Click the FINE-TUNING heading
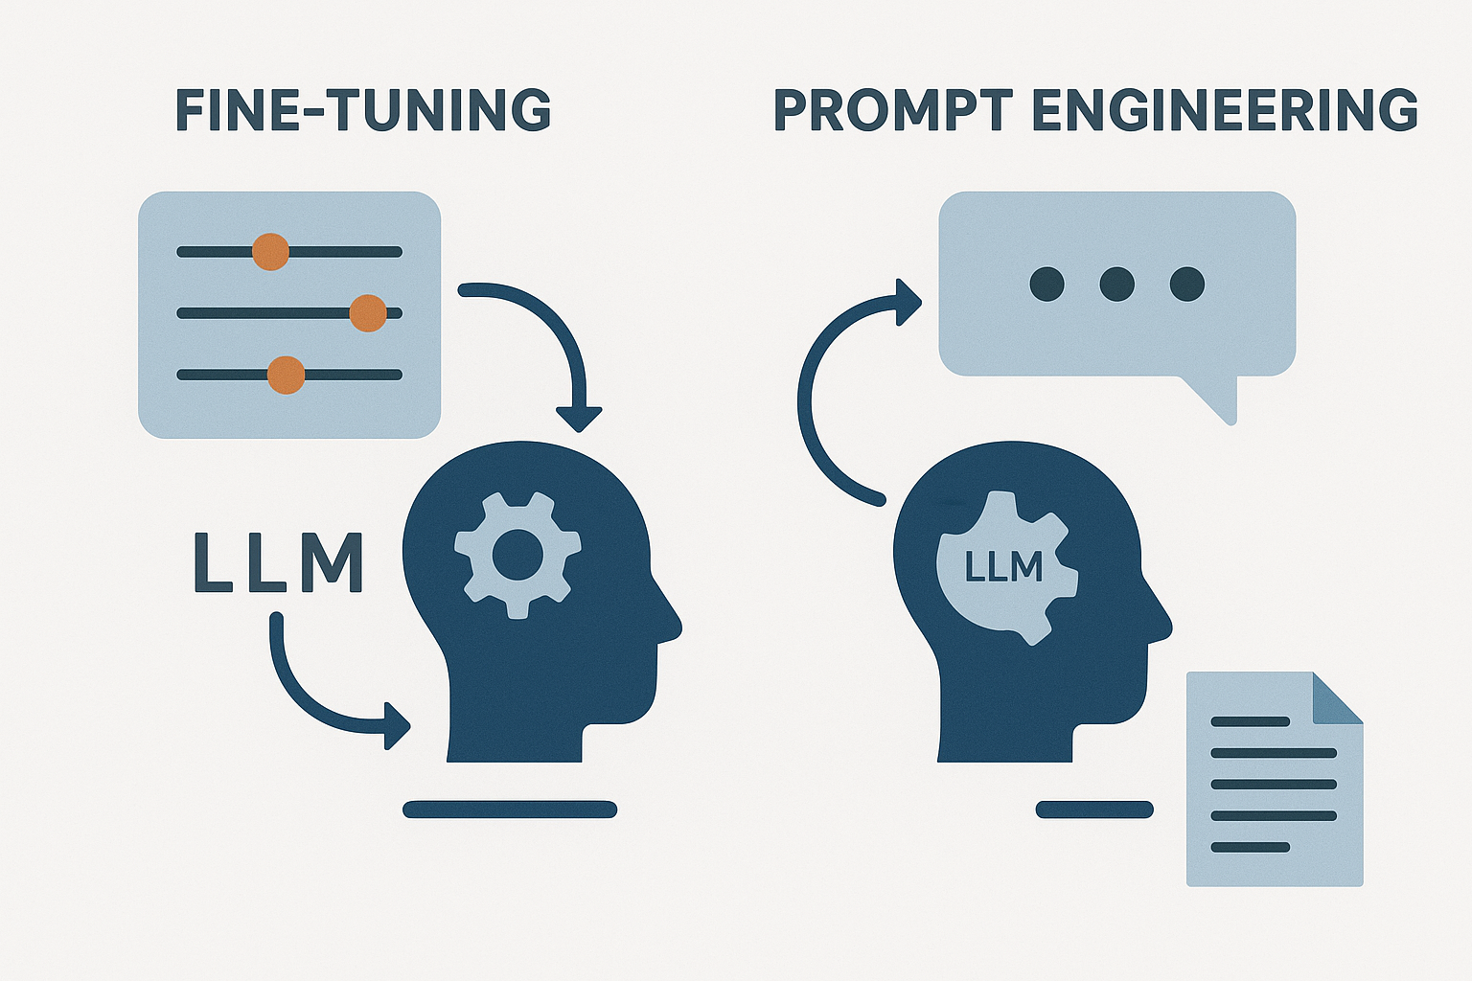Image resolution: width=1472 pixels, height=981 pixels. click(363, 110)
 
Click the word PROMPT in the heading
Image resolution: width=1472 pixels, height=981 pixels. click(892, 110)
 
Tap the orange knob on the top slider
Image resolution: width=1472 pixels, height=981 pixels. click(270, 252)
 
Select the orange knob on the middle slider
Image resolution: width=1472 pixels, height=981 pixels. click(368, 313)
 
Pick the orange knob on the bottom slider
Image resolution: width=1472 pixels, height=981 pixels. click(286, 375)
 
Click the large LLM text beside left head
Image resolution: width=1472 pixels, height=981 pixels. click(278, 563)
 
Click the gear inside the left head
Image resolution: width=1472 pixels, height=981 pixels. click(517, 554)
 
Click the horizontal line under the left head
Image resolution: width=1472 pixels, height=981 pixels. click(510, 810)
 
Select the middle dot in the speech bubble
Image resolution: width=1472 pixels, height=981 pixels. click(1117, 284)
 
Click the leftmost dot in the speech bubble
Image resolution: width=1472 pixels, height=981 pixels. click(1046, 284)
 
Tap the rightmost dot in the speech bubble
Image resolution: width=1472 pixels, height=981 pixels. click(1187, 284)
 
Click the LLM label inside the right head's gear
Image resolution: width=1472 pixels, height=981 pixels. click(1002, 567)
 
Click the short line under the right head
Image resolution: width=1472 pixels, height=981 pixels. click(1094, 810)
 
